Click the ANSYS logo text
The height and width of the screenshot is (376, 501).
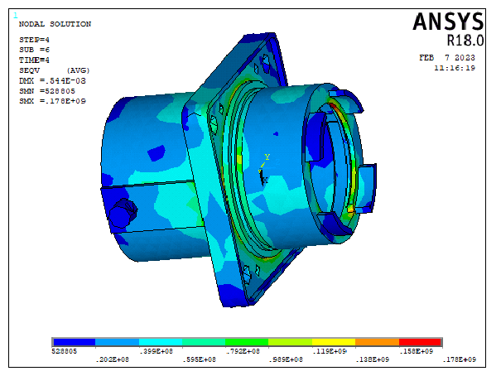(448, 22)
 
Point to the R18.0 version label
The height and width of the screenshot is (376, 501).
(465, 41)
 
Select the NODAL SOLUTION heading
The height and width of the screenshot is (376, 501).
(55, 24)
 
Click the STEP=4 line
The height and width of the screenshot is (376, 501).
(34, 40)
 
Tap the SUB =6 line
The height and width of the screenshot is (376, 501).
(34, 50)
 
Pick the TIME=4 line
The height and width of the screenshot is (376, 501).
(34, 60)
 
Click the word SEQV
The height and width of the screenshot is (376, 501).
(29, 70)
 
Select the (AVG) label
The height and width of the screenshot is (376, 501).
(79, 70)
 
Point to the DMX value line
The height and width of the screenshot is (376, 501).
(52, 80)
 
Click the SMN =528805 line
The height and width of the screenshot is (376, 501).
(47, 91)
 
